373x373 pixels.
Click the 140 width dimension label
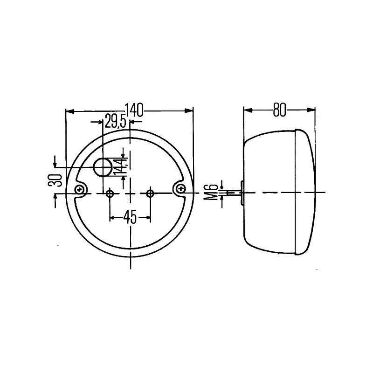point(134,110)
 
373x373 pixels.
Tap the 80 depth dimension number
point(279,110)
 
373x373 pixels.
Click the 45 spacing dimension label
point(130,217)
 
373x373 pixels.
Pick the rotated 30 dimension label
point(55,180)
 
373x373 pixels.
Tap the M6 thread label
point(211,192)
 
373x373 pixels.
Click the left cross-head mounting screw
point(79,189)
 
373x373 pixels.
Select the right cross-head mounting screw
point(181,189)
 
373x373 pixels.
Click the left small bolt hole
point(110,193)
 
